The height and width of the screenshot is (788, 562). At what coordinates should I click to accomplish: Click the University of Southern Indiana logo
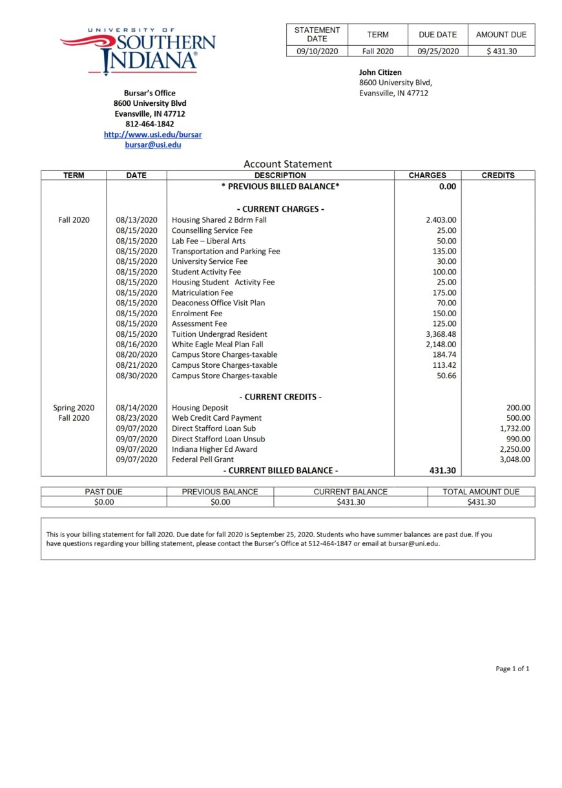click(x=138, y=50)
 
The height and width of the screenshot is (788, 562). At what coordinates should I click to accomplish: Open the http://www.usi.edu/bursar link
click(x=152, y=135)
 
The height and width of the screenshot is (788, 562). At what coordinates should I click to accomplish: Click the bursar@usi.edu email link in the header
click(x=152, y=145)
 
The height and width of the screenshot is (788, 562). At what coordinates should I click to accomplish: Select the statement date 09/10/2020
click(x=317, y=51)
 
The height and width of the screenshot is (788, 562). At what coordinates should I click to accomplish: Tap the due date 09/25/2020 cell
click(x=438, y=51)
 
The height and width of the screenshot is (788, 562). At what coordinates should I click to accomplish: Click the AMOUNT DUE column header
click(x=501, y=35)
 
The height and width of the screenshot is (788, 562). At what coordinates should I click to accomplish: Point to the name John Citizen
click(x=380, y=72)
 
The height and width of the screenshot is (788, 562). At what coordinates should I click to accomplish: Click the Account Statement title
click(x=287, y=164)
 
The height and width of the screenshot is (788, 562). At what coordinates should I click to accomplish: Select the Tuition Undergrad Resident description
click(x=219, y=334)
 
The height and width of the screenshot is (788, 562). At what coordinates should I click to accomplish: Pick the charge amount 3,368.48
click(x=441, y=334)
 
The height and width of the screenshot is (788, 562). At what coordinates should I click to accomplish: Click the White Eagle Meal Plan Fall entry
click(x=217, y=345)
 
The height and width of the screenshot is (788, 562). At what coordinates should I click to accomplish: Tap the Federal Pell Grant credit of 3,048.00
click(x=514, y=460)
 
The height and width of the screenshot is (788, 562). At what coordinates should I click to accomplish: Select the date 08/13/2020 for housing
click(x=136, y=220)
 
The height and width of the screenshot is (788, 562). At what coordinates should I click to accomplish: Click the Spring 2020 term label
click(x=74, y=408)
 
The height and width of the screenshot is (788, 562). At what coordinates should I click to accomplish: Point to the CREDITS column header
click(x=498, y=176)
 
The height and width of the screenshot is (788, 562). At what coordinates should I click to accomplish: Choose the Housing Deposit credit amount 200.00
click(x=518, y=408)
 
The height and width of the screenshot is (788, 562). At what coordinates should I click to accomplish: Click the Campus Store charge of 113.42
click(x=444, y=365)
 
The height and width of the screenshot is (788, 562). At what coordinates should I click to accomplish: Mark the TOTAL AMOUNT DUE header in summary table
click(x=481, y=492)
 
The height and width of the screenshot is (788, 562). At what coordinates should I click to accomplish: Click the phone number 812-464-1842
click(x=149, y=124)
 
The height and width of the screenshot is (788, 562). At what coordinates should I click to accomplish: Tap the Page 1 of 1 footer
click(x=512, y=669)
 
